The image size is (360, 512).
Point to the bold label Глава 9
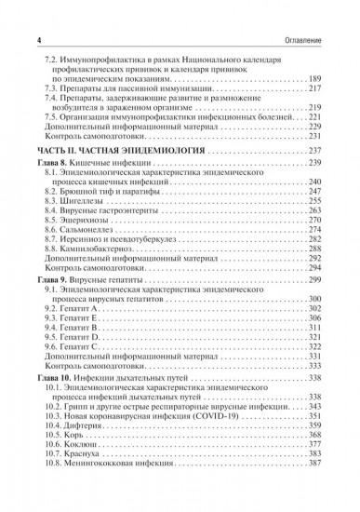54,279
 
